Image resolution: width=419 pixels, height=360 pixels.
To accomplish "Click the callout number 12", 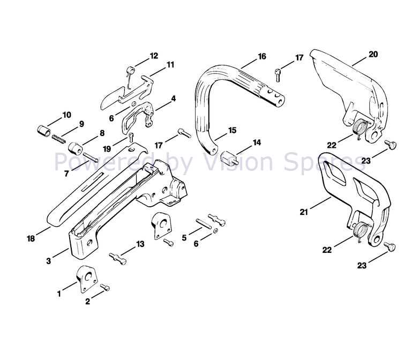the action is pos(154,56).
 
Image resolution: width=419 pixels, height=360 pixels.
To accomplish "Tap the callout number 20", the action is pos(373,54).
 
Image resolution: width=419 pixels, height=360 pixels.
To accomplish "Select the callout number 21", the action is pos(304,212).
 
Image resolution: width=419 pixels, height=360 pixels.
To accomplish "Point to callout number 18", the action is pos(31,238).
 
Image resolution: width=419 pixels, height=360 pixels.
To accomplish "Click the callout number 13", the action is pos(140,244).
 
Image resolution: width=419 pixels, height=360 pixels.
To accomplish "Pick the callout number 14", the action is pos(257,142).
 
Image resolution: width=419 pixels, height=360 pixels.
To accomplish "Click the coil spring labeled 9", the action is pos(58,139).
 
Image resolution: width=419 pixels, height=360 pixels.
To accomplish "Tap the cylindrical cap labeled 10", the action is pos(43,131).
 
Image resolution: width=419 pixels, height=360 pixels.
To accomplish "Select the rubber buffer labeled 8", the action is pos(75,148).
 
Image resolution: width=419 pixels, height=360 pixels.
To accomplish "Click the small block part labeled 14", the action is pos(229,157).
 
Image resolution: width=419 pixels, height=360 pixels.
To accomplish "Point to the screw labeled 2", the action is pos(105,287).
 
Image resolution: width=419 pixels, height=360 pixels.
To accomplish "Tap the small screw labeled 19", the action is pos(131,137).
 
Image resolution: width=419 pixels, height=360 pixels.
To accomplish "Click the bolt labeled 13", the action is pos(118,259).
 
